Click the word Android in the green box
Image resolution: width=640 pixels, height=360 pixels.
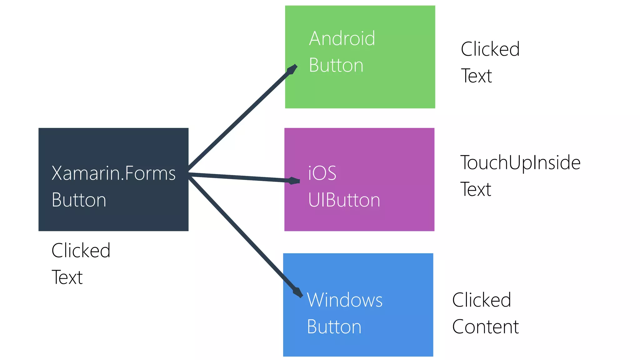coord(342,38)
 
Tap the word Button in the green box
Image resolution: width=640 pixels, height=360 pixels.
coord(336,65)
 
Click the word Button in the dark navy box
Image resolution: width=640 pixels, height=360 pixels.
coord(79,200)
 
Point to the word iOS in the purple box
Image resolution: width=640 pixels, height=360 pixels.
coord(322,173)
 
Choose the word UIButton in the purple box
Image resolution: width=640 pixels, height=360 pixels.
coord(344,200)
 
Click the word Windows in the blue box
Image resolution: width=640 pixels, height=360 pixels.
coord(345,300)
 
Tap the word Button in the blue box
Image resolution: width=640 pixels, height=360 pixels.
coord(334,327)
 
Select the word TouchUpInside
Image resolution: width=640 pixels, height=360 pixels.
coord(520,163)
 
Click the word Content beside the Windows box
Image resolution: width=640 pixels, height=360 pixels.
coord(485,327)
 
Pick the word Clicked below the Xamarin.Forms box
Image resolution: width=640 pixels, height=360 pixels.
coord(81,251)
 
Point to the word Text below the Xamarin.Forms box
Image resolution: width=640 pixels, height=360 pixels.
coord(67,277)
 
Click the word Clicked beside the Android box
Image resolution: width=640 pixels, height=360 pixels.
coord(490,49)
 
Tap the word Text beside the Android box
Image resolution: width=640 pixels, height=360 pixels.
coord(476,76)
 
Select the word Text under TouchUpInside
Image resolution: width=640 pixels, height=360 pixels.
coord(476,189)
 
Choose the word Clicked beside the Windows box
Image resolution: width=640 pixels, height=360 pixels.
coord(482,300)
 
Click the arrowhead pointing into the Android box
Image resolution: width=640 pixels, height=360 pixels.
coord(292,69)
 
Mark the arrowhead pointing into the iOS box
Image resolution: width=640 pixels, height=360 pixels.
coord(294,181)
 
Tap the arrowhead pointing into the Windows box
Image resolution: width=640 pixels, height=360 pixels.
coord(298,292)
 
